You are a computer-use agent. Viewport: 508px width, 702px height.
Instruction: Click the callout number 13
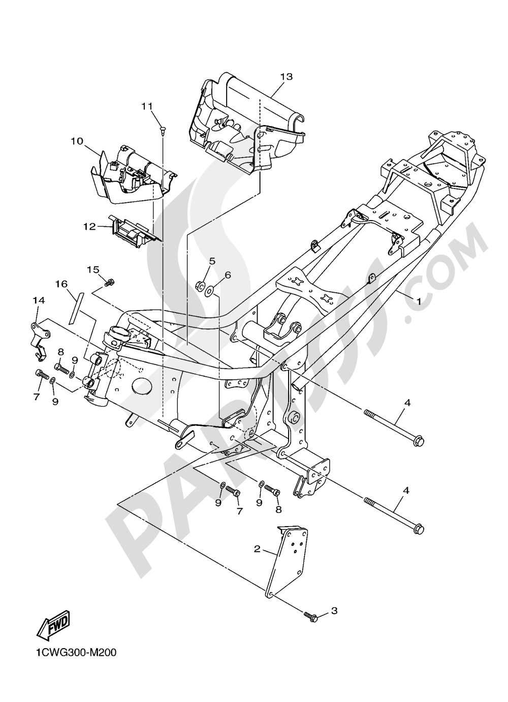click(286, 77)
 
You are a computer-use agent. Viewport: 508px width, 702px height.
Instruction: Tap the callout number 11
click(147, 106)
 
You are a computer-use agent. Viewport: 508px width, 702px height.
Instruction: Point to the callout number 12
click(89, 226)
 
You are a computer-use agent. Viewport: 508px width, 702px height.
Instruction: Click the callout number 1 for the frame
click(419, 301)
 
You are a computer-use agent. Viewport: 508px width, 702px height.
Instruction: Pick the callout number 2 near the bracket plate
click(258, 549)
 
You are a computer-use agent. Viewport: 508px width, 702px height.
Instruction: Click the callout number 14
click(39, 300)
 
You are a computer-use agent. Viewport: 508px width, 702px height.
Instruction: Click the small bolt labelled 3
click(311, 617)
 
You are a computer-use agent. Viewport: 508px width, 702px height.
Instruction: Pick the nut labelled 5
click(201, 284)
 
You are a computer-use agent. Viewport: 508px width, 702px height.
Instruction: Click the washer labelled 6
click(209, 291)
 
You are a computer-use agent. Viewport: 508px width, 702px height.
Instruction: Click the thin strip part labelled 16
click(74, 307)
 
